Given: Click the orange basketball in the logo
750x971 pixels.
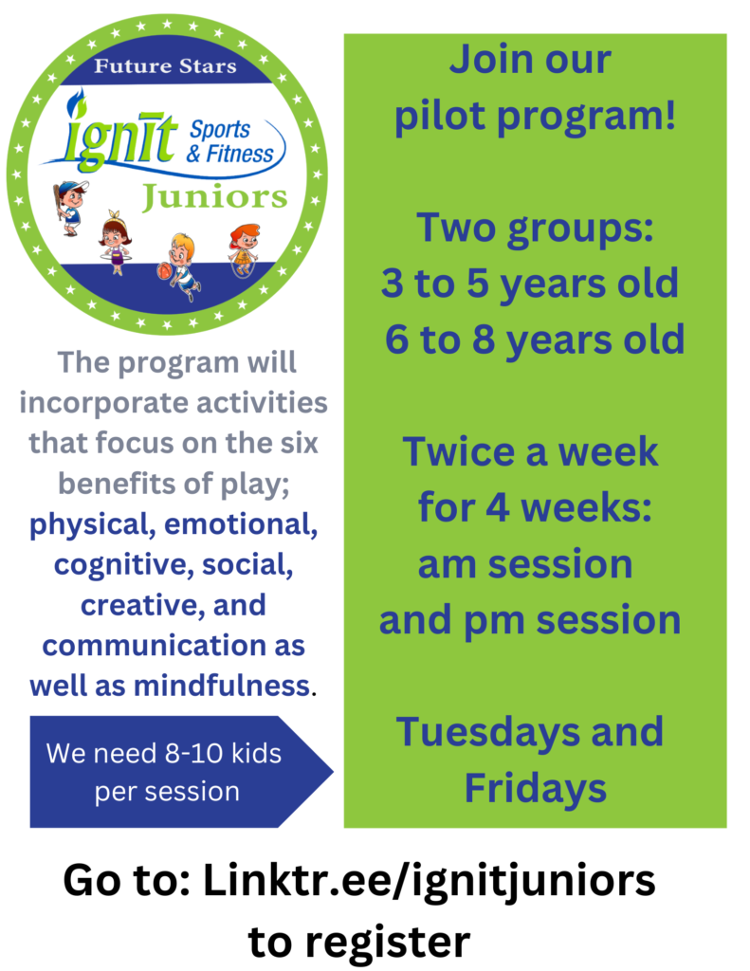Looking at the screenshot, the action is tap(164, 271).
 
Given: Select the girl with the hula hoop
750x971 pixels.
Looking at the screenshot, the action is tap(115, 243).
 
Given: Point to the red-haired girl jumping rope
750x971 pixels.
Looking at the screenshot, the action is tap(244, 250).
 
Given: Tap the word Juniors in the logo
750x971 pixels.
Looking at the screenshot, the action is tap(215, 198).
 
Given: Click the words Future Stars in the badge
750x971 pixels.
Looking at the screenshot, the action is tap(165, 66).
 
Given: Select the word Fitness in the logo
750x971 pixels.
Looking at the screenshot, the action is tap(240, 154).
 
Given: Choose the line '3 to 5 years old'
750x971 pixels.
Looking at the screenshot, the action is tap(530, 283).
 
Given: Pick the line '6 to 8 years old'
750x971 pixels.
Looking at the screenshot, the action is tap(535, 339).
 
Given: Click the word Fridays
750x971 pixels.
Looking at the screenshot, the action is tap(536, 788).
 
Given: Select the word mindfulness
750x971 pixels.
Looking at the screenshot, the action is tap(222, 686).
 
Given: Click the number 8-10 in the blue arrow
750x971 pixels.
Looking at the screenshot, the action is tap(193, 754).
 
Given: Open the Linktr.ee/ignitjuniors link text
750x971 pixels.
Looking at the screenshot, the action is tap(430, 881).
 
